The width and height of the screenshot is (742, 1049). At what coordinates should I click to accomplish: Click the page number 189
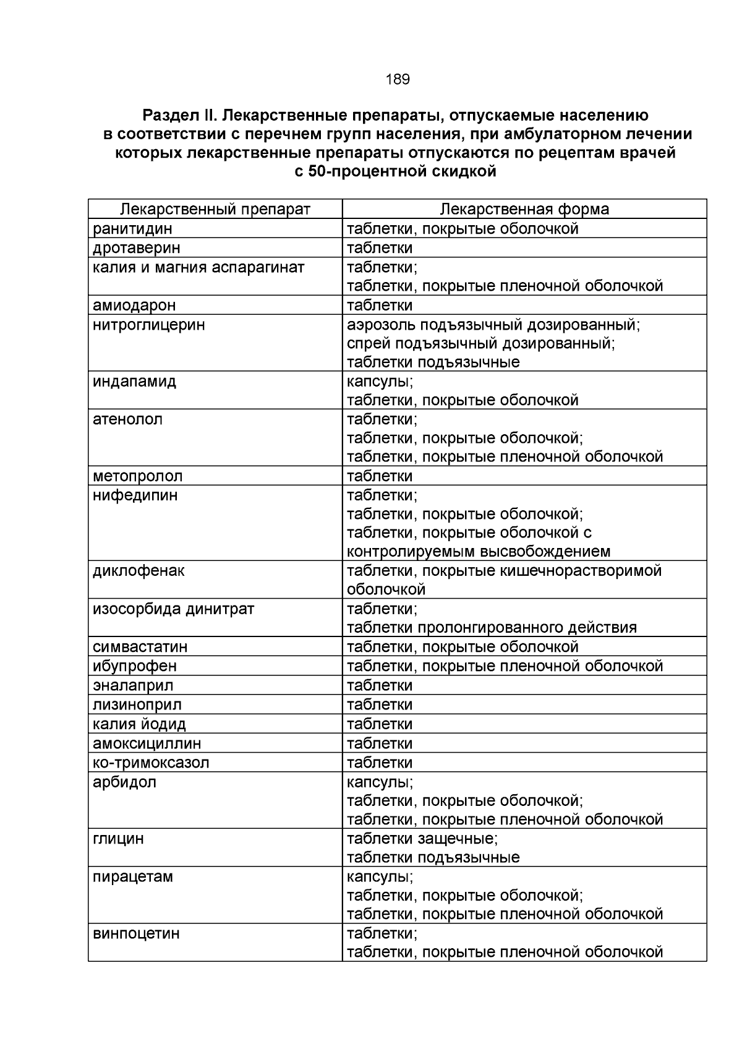(x=397, y=79)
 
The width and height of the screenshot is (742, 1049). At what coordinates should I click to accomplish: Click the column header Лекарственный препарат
(x=215, y=209)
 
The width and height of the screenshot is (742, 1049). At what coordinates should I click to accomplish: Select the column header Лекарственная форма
(x=524, y=209)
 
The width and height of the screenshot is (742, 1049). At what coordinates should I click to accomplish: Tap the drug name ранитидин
(x=132, y=229)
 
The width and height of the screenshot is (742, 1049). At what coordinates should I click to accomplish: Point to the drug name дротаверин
(x=137, y=248)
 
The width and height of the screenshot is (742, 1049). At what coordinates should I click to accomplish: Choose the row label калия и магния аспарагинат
(x=198, y=267)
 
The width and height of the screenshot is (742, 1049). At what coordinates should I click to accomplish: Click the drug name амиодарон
(x=134, y=305)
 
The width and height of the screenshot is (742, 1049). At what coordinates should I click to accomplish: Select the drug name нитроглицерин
(x=148, y=324)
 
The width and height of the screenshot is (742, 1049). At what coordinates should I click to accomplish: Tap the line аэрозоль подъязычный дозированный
(x=493, y=324)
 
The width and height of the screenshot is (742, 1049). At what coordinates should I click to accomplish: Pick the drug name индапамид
(x=134, y=381)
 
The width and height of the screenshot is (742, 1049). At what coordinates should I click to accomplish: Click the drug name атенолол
(x=127, y=419)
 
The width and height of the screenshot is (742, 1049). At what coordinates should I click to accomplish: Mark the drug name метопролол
(x=138, y=476)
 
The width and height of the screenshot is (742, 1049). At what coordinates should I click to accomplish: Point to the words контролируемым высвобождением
(x=479, y=551)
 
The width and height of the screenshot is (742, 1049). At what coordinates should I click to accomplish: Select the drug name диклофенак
(x=139, y=570)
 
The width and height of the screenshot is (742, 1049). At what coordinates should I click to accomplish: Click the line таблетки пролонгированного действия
(x=492, y=627)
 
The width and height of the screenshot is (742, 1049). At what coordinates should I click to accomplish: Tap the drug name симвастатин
(x=140, y=646)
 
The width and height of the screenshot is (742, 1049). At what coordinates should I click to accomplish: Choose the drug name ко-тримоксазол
(x=151, y=762)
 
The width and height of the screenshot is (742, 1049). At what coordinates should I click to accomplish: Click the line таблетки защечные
(x=422, y=838)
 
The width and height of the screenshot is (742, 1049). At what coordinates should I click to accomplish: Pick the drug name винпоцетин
(x=136, y=933)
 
